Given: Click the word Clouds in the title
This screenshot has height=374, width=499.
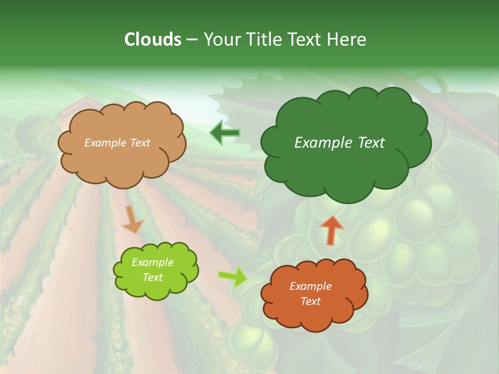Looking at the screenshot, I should coord(152,39).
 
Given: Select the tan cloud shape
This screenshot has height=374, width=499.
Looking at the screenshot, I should coord(122,161).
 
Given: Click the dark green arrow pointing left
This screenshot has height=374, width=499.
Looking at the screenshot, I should coord(225,133).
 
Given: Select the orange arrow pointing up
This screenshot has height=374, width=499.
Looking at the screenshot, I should coord(332,230).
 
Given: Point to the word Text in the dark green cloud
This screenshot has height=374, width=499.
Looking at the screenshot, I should coord(367,143).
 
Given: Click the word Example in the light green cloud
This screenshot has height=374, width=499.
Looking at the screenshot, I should coord(152,262).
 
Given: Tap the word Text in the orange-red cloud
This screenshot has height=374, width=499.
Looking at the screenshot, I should coord(310,301).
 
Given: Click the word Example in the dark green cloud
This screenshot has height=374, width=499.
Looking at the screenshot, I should coord(318,143).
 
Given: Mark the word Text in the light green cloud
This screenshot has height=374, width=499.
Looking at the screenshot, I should coord(152,277).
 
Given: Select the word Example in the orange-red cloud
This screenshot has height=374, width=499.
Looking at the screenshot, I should coord(310,286).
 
